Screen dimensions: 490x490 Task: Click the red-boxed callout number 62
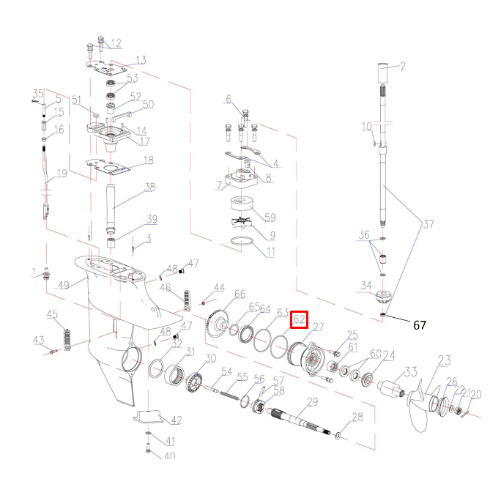[x=299, y=319]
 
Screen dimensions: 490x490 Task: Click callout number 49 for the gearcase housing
[x=64, y=284]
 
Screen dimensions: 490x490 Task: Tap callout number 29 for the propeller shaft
[x=311, y=403]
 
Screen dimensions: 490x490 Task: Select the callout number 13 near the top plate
[x=141, y=60]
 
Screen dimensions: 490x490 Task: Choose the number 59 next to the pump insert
[x=269, y=217]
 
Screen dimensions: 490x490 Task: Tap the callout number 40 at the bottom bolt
[x=170, y=456]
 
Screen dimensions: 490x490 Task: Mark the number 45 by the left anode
[x=53, y=314]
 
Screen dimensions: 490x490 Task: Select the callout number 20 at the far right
[x=476, y=396]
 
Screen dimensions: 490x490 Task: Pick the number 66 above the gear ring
[x=239, y=294]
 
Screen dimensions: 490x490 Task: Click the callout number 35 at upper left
[x=39, y=93]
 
